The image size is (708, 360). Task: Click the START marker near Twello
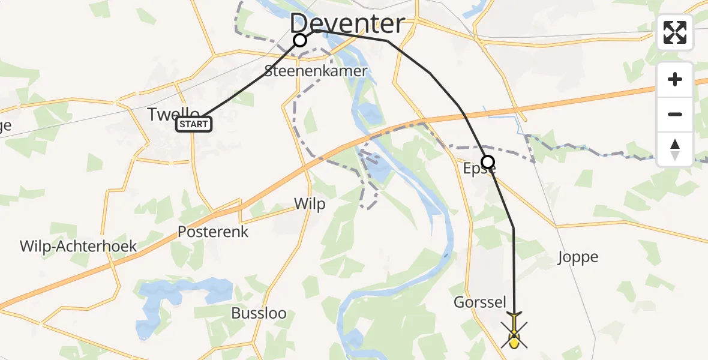click(193, 125)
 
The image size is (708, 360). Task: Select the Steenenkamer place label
click(316, 71)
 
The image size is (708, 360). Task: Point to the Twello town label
click(174, 114)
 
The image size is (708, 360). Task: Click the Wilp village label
click(310, 204)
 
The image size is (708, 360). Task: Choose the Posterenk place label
click(213, 232)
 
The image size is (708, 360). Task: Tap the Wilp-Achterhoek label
click(78, 246)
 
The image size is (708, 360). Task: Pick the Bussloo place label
click(259, 313)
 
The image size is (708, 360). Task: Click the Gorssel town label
click(480, 302)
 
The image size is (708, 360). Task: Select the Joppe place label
click(578, 257)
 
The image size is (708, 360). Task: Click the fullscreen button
click(675, 32)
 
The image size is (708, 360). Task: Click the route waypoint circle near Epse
click(488, 162)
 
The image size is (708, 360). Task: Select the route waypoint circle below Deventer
click(300, 40)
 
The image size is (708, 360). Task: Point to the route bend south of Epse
click(514, 229)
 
